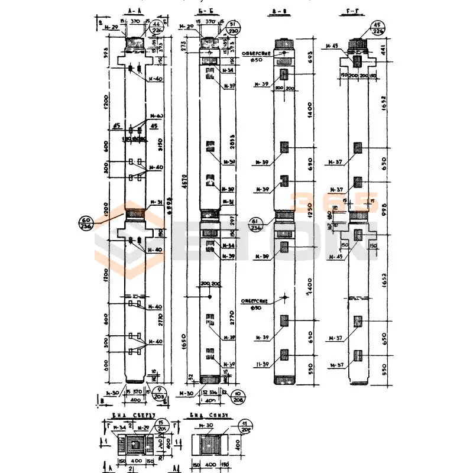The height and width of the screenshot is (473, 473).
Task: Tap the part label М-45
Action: coord(332,46)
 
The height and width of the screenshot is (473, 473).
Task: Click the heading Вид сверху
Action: coord(135,415)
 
